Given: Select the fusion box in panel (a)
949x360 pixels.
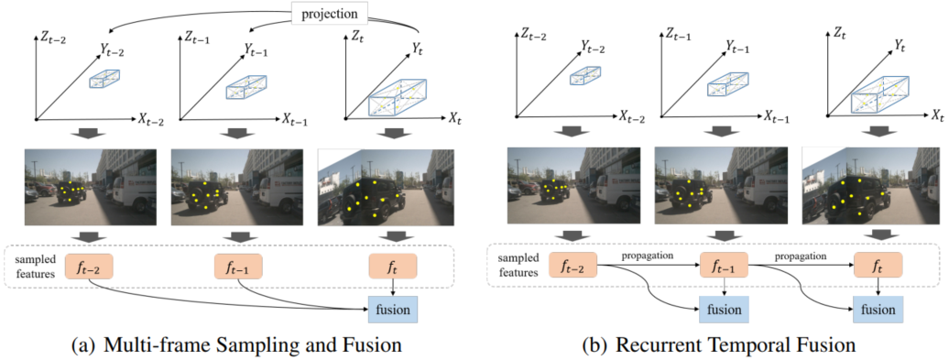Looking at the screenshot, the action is pyautogui.click(x=393, y=310).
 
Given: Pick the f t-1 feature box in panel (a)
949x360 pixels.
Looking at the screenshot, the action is pyautogui.click(x=238, y=267).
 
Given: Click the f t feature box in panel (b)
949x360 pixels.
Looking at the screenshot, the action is pyautogui.click(x=878, y=266).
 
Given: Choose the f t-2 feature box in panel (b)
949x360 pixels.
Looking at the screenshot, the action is pyautogui.click(x=573, y=266).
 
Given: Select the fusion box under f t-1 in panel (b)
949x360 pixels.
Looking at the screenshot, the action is pyautogui.click(x=724, y=309).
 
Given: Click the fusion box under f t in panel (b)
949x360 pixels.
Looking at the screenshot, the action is pyautogui.click(x=878, y=309).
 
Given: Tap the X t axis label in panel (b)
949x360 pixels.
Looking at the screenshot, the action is pyautogui.click(x=937, y=115).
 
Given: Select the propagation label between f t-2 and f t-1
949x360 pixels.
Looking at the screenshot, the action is pyautogui.click(x=648, y=256).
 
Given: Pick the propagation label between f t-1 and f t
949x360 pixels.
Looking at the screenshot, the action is pyautogui.click(x=801, y=256).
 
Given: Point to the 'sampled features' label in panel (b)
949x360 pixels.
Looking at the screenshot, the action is pyautogui.click(x=515, y=266).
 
